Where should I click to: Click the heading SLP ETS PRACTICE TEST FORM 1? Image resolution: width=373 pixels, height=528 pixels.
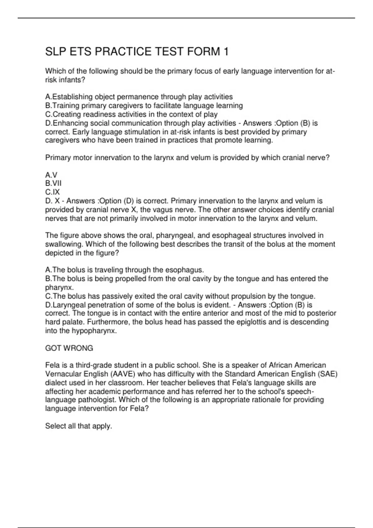137,52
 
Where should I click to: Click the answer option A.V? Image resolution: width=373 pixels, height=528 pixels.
51,175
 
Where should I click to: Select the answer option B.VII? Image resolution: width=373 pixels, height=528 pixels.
53,184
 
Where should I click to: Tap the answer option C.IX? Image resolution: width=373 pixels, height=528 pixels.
53,192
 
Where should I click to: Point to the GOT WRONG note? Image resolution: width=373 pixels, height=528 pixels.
69,348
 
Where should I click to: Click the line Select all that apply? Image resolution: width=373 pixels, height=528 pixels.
79,426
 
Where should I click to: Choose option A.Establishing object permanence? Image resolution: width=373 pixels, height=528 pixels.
139,97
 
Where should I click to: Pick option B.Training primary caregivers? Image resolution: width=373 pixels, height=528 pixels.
144,106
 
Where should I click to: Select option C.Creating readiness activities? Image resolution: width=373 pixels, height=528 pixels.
131,114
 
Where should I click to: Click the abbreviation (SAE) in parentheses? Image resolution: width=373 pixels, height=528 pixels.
326,374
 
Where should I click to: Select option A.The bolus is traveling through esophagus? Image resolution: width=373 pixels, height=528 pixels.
124,270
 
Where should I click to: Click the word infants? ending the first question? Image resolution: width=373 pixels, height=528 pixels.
72,80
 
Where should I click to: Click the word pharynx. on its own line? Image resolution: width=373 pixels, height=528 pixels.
59,287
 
